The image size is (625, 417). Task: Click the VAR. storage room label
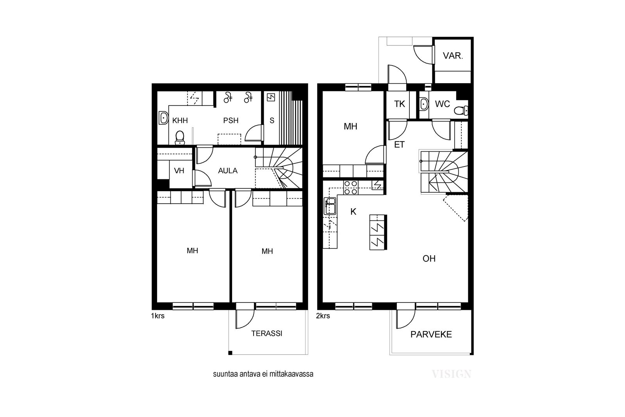point(453,56)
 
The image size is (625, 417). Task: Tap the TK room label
point(400,104)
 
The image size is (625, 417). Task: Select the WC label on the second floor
point(442,104)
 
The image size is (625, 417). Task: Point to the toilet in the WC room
point(461,111)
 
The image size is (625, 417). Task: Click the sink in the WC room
point(424,104)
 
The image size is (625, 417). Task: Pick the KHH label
point(180,121)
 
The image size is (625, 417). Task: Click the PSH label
point(231,121)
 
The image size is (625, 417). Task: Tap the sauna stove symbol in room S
point(271,97)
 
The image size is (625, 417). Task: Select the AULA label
point(228,170)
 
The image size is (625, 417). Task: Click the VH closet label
point(179,170)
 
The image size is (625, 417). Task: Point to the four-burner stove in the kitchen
point(351,188)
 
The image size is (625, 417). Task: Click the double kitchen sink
point(330,206)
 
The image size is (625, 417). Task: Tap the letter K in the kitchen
point(353,212)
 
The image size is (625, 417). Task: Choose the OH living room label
point(429,259)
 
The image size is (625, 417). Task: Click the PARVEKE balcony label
point(431,335)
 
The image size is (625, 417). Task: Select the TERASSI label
point(267,333)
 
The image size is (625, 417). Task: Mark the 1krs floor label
point(158,316)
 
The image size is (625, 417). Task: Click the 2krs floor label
point(323,316)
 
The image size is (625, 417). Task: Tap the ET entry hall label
point(399,145)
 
